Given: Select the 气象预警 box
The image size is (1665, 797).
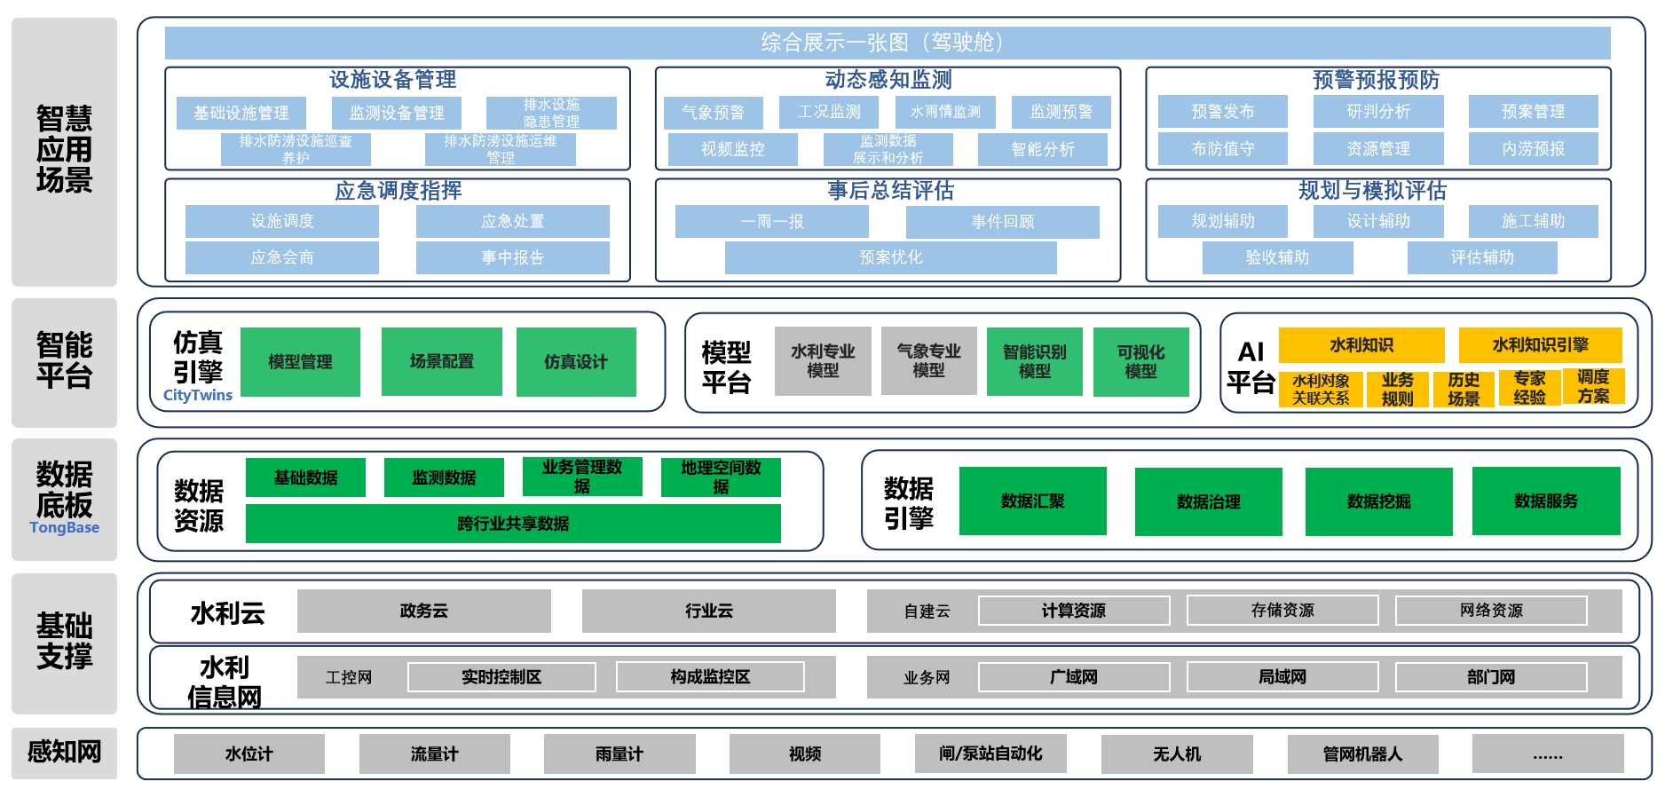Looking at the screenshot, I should (x=714, y=113).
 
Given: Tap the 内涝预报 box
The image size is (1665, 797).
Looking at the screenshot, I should (x=1533, y=149).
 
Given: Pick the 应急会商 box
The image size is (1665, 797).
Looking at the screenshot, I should (x=282, y=257).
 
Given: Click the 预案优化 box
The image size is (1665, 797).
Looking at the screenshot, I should (x=890, y=257).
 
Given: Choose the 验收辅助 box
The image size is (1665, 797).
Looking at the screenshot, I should (x=1277, y=257).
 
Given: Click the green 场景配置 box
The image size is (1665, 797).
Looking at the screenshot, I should (x=441, y=361).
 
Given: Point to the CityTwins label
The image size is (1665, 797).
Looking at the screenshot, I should (x=197, y=395).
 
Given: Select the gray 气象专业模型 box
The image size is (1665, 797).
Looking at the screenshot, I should (x=928, y=360).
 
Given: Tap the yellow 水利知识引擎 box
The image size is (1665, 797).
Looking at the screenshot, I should (x=1540, y=344).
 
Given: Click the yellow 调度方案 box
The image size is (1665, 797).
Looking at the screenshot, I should (x=1593, y=387).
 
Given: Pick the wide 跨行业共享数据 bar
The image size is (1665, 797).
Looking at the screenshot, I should (x=513, y=524).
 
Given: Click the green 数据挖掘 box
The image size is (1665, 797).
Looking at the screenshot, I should (x=1378, y=501).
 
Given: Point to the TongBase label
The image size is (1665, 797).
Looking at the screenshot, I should (x=64, y=527).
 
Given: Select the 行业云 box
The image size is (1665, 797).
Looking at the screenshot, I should (x=708, y=611).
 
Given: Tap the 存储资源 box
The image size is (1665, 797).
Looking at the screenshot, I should (x=1282, y=611).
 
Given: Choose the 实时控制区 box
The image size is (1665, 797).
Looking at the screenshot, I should (x=501, y=677).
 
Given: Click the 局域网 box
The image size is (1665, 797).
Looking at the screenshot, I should (x=1282, y=677).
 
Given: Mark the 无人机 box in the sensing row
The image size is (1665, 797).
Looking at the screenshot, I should (x=1177, y=754).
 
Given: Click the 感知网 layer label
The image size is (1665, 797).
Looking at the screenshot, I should (x=64, y=753).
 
